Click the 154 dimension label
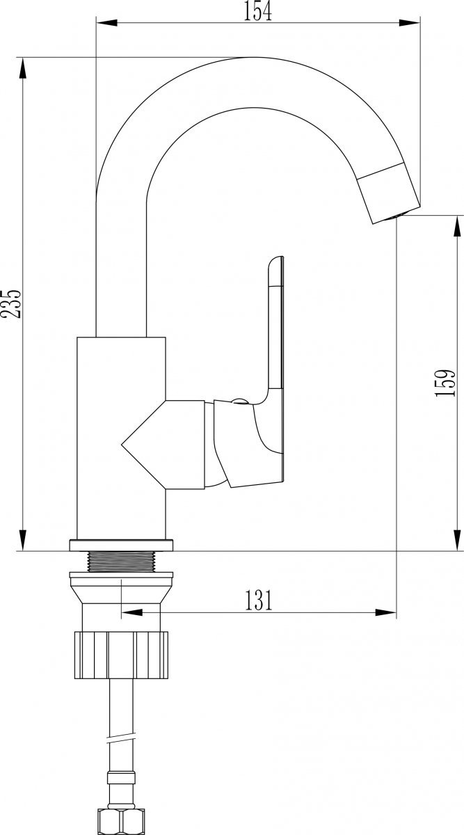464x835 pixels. pyautogui.click(x=258, y=11)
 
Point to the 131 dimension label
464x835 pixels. pyautogui.click(x=258, y=600)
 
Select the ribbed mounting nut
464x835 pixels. pyautogui.click(x=120, y=654)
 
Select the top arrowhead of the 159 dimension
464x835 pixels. pyautogui.click(x=456, y=225)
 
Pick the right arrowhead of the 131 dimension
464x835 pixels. pyautogui.click(x=387, y=613)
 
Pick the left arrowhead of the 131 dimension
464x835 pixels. pyautogui.click(x=131, y=613)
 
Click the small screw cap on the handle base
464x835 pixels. pyautogui.click(x=239, y=401)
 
